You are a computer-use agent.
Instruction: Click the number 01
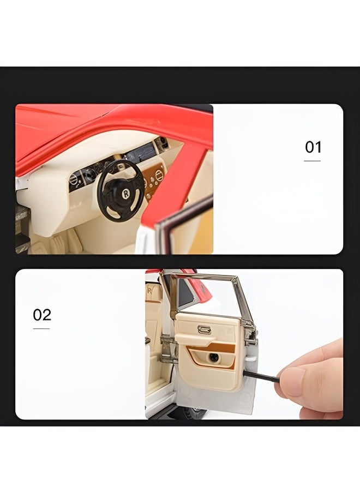(x=313, y=147)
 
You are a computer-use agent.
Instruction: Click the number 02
(x=42, y=315)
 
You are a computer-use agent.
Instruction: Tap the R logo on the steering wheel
(x=126, y=194)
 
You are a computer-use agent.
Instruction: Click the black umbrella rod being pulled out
(x=261, y=376)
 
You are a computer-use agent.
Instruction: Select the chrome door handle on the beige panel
(x=204, y=330)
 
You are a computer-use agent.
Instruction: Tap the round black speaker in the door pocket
(x=214, y=357)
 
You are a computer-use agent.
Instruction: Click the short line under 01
(x=312, y=161)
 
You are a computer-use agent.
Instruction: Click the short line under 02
(x=41, y=328)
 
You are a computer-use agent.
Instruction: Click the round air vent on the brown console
(x=159, y=175)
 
